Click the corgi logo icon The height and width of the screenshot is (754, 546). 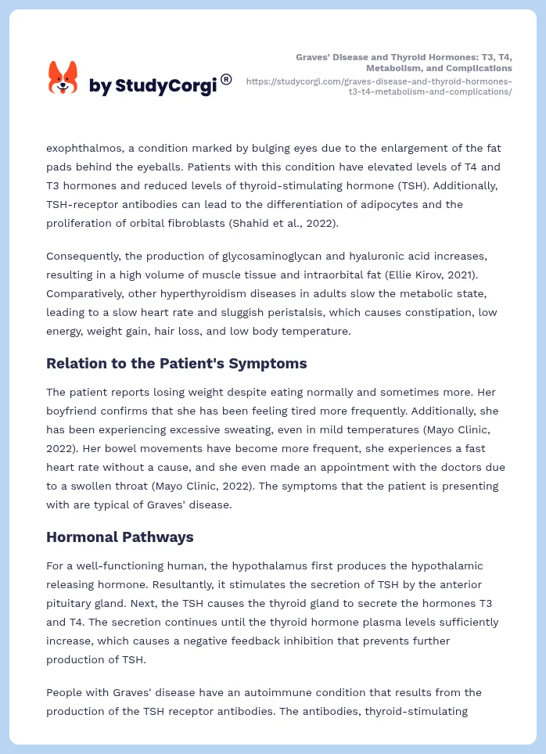63,77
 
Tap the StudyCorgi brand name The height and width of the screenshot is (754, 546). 153,86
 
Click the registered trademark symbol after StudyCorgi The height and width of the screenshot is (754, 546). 226,79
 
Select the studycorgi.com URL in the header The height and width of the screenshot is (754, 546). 379,86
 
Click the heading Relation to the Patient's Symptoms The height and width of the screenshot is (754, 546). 176,363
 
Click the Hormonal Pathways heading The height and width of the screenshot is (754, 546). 120,537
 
